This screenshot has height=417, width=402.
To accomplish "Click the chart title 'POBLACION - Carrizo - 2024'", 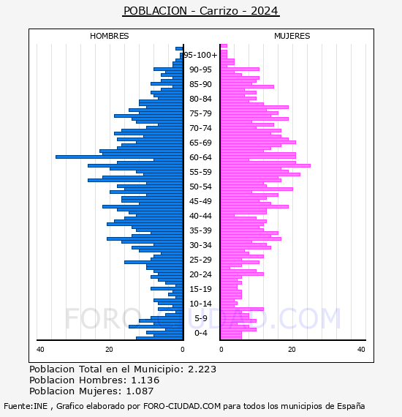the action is (201, 11).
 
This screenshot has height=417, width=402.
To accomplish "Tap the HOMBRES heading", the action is (109, 36).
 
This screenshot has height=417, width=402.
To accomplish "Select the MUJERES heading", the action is (292, 36).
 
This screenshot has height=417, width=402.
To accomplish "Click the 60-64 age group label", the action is (200, 157).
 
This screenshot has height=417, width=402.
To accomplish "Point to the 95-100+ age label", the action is (200, 55).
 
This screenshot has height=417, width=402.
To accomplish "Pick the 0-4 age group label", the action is (201, 333).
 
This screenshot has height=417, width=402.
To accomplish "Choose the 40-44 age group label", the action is (200, 216).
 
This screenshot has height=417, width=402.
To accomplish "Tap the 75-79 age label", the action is (200, 113).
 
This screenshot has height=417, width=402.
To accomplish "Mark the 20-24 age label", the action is (200, 274).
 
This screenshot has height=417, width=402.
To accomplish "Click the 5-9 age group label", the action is (201, 318).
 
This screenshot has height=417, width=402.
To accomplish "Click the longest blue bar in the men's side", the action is (119, 157).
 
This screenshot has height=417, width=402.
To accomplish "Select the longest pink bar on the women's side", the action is (265, 165).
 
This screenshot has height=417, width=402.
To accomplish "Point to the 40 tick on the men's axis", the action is (40, 350).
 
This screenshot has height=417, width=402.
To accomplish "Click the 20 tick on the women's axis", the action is (292, 350).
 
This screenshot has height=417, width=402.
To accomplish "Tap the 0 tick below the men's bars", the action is (182, 350).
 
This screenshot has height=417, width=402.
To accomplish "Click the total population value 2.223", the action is (202, 369).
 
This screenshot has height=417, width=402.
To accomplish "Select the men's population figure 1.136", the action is (145, 380).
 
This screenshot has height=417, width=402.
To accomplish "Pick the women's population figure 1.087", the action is (140, 391).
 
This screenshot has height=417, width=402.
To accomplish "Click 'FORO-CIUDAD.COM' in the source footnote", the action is (182, 406).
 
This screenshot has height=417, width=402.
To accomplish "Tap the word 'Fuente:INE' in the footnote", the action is (26, 406).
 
